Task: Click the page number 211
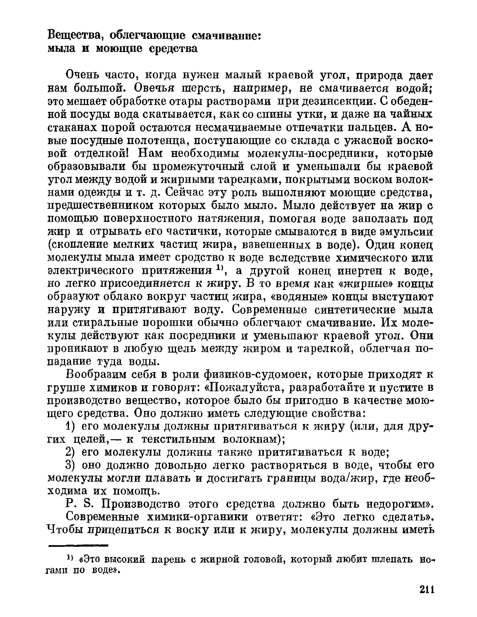[x=427, y=589]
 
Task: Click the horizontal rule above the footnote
[x=78, y=545]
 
